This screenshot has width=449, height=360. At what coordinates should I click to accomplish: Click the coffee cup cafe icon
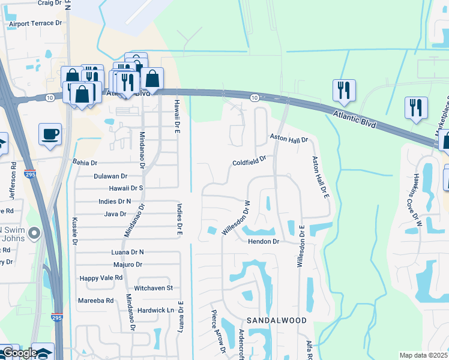tap(50, 133)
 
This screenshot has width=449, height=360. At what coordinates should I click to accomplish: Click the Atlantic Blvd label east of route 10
tap(357, 118)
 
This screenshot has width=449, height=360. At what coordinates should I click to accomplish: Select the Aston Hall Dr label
tap(288, 139)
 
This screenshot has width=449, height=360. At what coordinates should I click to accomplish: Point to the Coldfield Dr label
tap(249, 163)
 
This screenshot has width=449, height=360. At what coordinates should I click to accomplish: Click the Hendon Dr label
tap(264, 241)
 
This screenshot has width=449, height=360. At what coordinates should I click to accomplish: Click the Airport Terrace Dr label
tap(35, 25)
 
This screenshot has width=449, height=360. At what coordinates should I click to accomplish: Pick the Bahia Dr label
tap(85, 163)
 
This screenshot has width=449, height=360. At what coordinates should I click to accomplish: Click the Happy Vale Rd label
tap(101, 278)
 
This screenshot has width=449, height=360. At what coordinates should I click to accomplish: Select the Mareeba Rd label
tap(96, 300)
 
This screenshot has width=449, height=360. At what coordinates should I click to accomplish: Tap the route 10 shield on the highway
tap(255, 97)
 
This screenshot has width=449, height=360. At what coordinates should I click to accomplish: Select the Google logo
tap(20, 353)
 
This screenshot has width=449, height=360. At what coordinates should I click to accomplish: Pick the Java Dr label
tap(115, 214)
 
